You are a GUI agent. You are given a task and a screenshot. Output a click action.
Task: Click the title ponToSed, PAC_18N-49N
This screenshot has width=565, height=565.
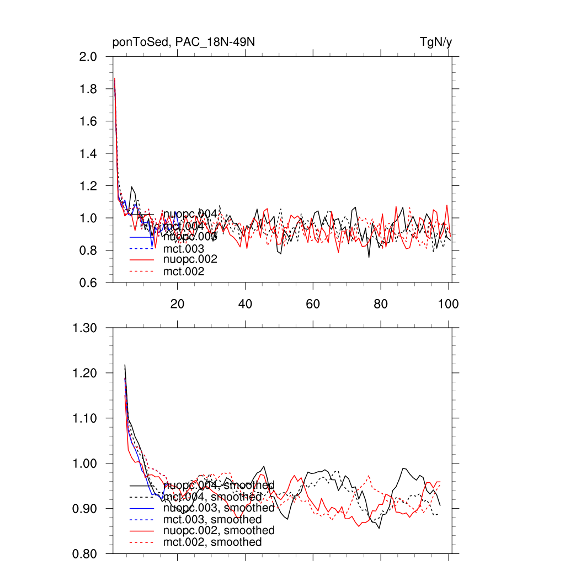[x=183, y=42]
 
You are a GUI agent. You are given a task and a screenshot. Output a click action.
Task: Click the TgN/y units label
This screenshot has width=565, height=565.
[x=436, y=42]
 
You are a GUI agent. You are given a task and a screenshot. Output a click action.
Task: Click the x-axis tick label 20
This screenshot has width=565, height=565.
[x=177, y=304]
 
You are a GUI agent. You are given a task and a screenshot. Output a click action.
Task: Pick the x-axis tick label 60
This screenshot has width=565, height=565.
[x=313, y=304]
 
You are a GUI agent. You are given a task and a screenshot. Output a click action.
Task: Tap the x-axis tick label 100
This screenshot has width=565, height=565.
[x=448, y=304]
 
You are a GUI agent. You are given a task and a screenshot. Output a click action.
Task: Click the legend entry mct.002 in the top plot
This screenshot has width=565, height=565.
[x=184, y=271]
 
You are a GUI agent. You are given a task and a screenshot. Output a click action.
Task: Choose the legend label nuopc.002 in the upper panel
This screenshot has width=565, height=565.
[x=190, y=259]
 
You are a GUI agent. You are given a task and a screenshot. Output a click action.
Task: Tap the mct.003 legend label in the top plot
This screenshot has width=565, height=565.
[x=184, y=249]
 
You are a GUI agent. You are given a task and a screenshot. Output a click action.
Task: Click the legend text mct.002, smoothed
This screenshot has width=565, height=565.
[x=212, y=542]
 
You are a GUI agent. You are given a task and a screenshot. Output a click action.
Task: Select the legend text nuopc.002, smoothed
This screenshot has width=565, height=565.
[x=219, y=530]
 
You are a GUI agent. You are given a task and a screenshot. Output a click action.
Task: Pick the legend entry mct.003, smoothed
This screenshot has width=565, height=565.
[x=212, y=520]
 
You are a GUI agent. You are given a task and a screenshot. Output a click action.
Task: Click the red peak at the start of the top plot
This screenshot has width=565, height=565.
[x=115, y=79]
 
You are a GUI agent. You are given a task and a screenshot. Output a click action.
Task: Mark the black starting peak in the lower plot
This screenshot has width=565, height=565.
[x=125, y=365]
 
